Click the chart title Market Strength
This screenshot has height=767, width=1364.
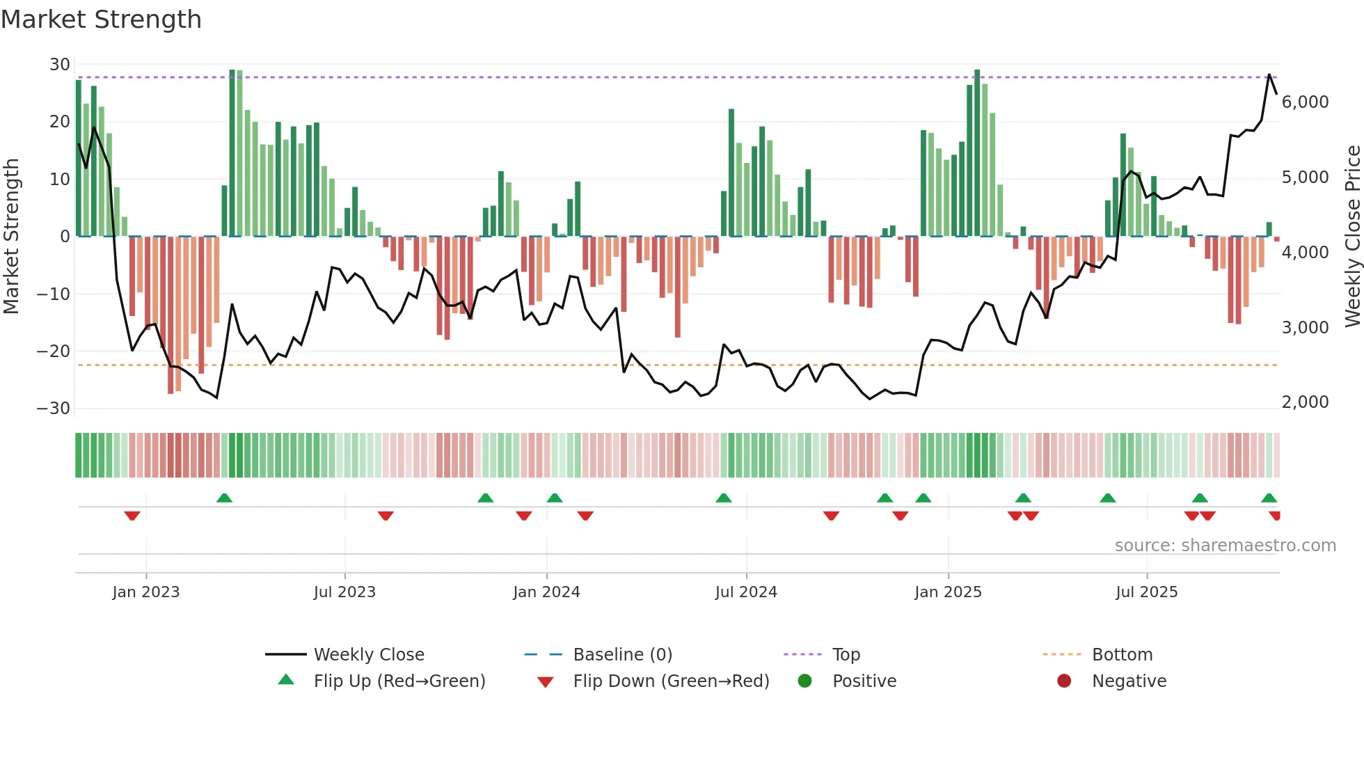click(x=101, y=19)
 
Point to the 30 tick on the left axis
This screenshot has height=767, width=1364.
click(x=60, y=65)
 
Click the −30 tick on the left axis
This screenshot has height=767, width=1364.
click(x=54, y=409)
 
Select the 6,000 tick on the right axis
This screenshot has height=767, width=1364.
click(x=1305, y=102)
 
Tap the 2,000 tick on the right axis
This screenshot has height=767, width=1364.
click(x=1305, y=402)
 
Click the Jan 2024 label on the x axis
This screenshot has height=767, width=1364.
click(x=546, y=592)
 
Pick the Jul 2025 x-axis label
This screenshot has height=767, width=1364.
click(x=1146, y=592)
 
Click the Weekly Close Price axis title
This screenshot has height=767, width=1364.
click(x=1352, y=236)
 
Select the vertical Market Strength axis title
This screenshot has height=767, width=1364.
click(x=11, y=236)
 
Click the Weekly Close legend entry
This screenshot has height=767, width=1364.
click(x=368, y=655)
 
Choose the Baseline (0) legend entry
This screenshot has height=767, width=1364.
click(x=622, y=655)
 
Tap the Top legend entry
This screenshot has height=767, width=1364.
click(x=846, y=655)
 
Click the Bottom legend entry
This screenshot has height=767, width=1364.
click(x=1122, y=655)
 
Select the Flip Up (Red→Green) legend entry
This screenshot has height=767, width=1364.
click(x=399, y=681)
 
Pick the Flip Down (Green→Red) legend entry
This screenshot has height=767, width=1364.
click(x=670, y=681)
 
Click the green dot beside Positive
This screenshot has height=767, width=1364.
click(x=805, y=681)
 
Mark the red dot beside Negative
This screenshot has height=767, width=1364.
click(x=1064, y=681)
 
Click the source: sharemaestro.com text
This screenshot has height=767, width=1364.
click(x=1225, y=546)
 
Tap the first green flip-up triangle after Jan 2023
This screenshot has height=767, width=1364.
click(x=224, y=498)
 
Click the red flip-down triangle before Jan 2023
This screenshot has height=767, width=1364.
click(x=132, y=516)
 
